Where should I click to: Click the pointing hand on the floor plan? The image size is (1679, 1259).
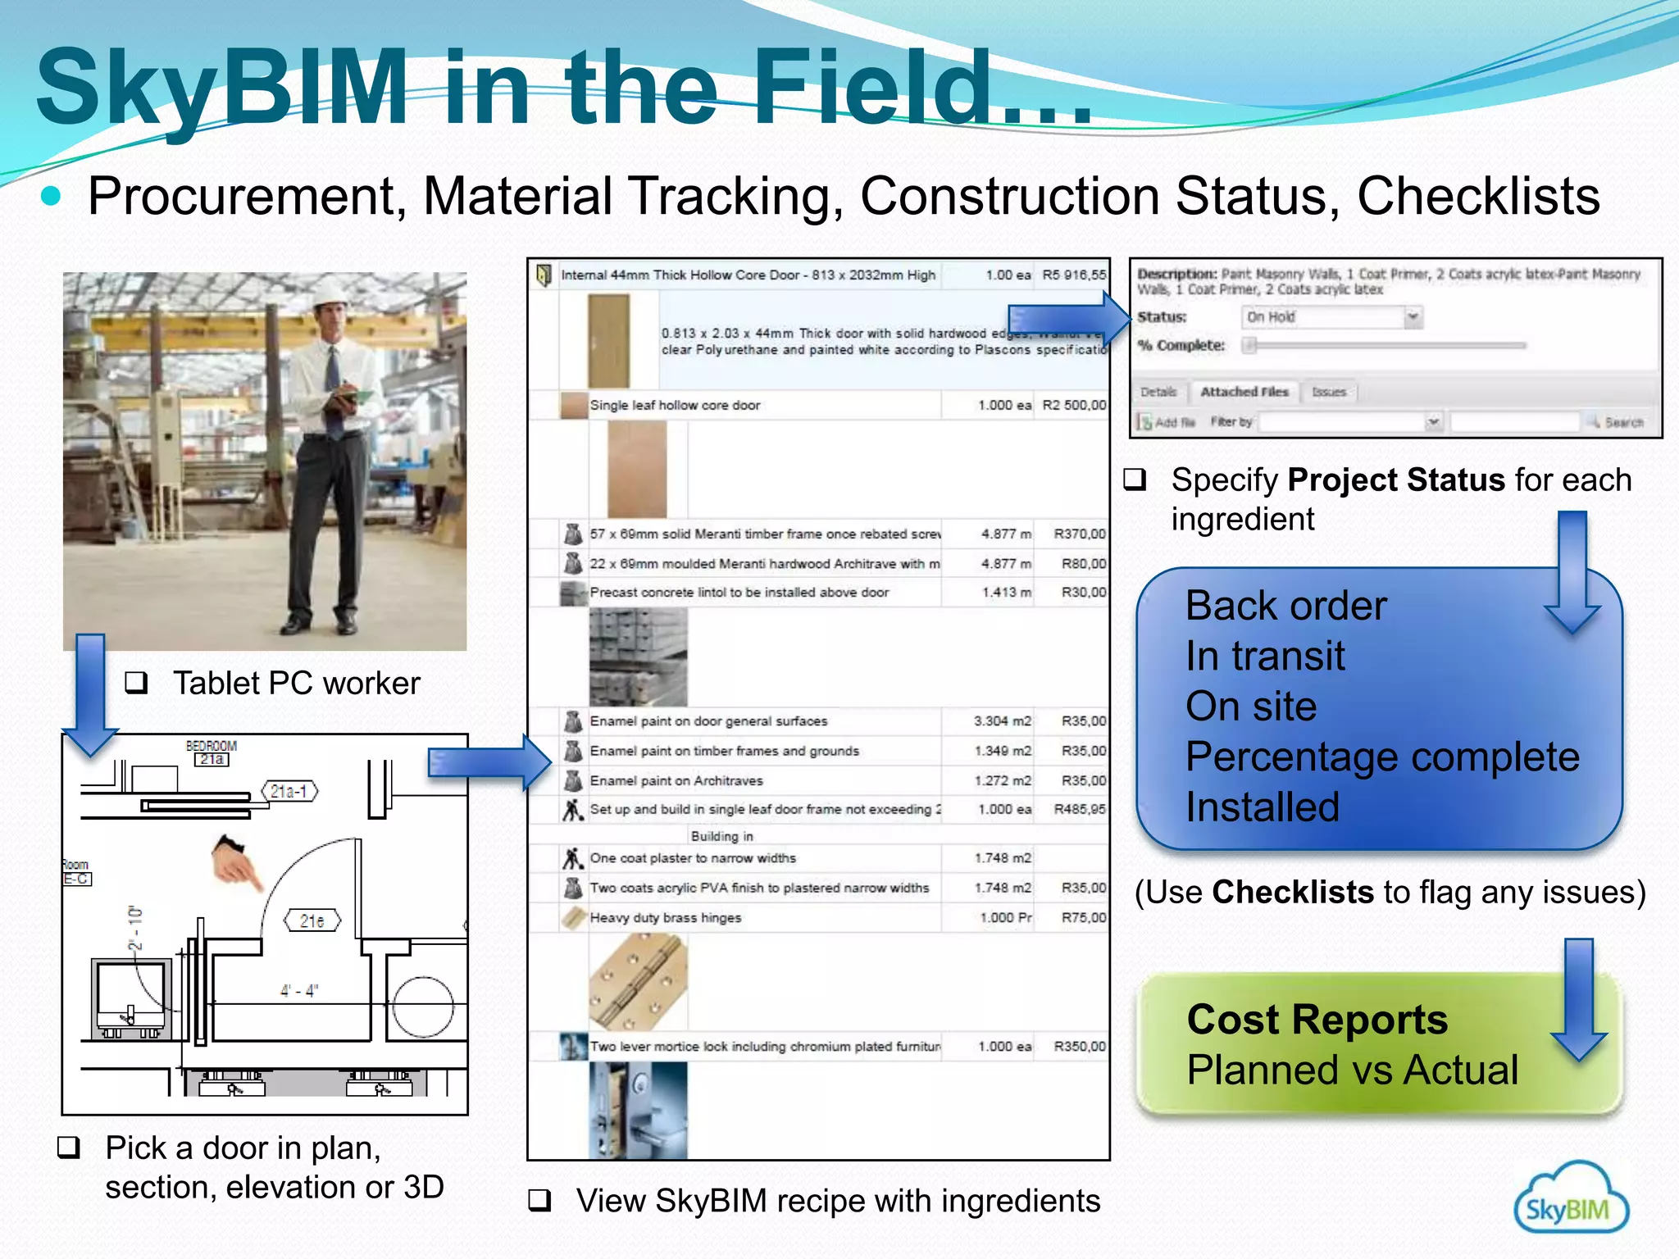click(236, 861)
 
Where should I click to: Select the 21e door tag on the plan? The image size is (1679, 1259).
click(312, 920)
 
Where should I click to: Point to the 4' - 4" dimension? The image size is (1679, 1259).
click(298, 991)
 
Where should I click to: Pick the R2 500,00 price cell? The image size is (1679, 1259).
click(1073, 405)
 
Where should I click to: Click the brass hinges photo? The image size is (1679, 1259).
click(638, 981)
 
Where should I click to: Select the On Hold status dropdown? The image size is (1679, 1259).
click(1332, 317)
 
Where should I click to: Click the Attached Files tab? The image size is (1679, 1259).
click(1244, 392)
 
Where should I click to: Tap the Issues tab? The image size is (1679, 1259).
click(1328, 392)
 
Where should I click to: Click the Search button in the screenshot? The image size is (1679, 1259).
click(1616, 422)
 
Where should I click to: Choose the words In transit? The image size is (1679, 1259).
click(1265, 656)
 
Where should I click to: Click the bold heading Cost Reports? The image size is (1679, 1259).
click(1317, 1020)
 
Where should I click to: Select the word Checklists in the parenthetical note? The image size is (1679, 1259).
click(1292, 892)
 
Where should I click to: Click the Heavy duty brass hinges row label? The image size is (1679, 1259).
click(665, 918)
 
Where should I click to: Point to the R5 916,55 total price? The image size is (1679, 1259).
click(1073, 275)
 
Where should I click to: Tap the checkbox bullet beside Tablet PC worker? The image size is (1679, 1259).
click(136, 683)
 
